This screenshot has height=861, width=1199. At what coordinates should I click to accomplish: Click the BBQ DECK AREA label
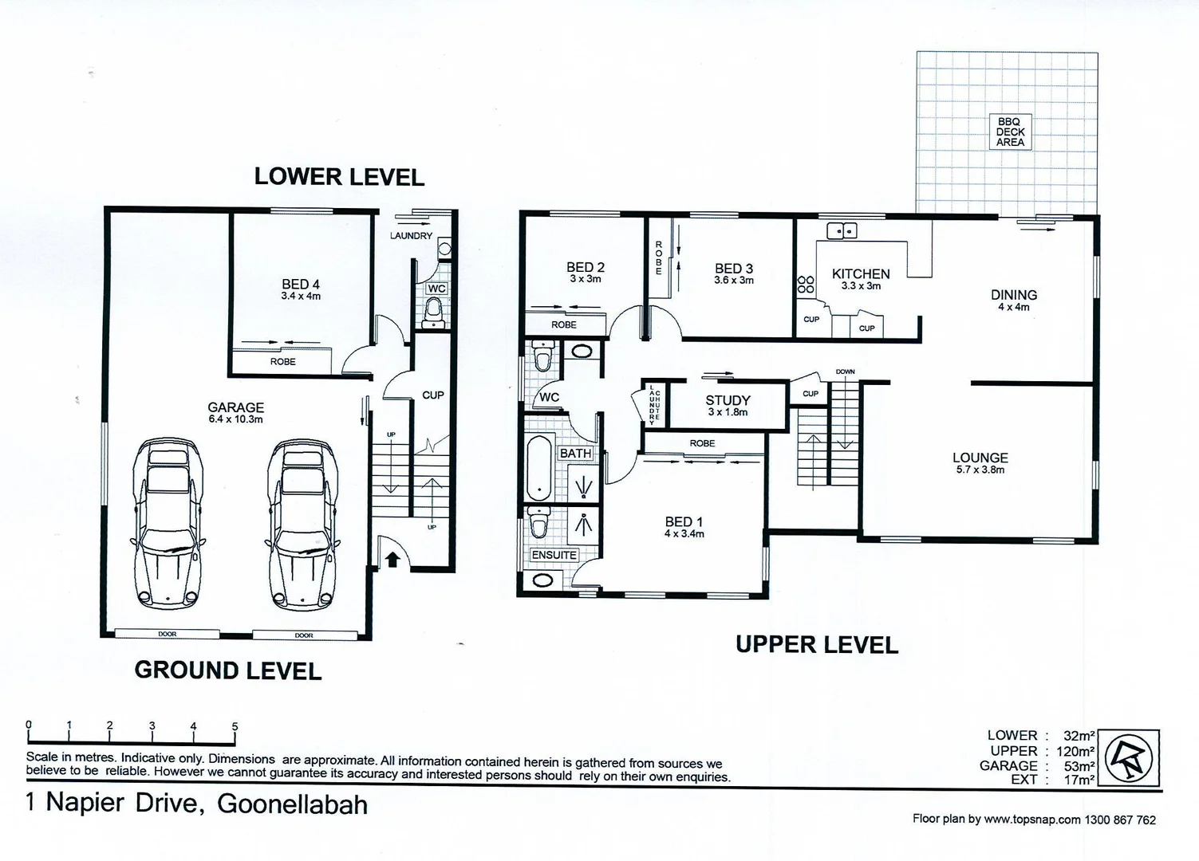click(x=1010, y=132)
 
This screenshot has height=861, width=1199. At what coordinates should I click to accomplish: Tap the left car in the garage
click(x=168, y=523)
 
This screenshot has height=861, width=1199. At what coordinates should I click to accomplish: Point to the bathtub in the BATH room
click(x=539, y=467)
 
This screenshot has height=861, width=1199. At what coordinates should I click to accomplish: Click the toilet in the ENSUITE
click(x=539, y=523)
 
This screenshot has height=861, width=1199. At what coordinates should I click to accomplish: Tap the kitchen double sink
click(x=842, y=231)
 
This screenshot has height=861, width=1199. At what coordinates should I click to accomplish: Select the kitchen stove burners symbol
click(x=806, y=285)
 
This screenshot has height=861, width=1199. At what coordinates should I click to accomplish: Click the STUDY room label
click(x=728, y=400)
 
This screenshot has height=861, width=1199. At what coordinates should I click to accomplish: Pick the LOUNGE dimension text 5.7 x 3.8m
click(x=980, y=470)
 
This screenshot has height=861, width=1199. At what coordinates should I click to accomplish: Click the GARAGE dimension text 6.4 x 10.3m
click(x=235, y=419)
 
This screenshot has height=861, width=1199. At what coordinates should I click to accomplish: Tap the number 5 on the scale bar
click(x=235, y=726)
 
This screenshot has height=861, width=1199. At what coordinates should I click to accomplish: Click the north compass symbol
click(x=1133, y=757)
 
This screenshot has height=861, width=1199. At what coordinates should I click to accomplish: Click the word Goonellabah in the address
click(x=292, y=804)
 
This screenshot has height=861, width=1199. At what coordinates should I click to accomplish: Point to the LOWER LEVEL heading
click(x=339, y=176)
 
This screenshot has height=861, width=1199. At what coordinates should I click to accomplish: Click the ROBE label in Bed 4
click(x=282, y=362)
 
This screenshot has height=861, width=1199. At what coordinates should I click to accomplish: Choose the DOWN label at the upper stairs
click(x=845, y=372)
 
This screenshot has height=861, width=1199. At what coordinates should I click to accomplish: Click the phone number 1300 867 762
click(x=1120, y=820)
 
